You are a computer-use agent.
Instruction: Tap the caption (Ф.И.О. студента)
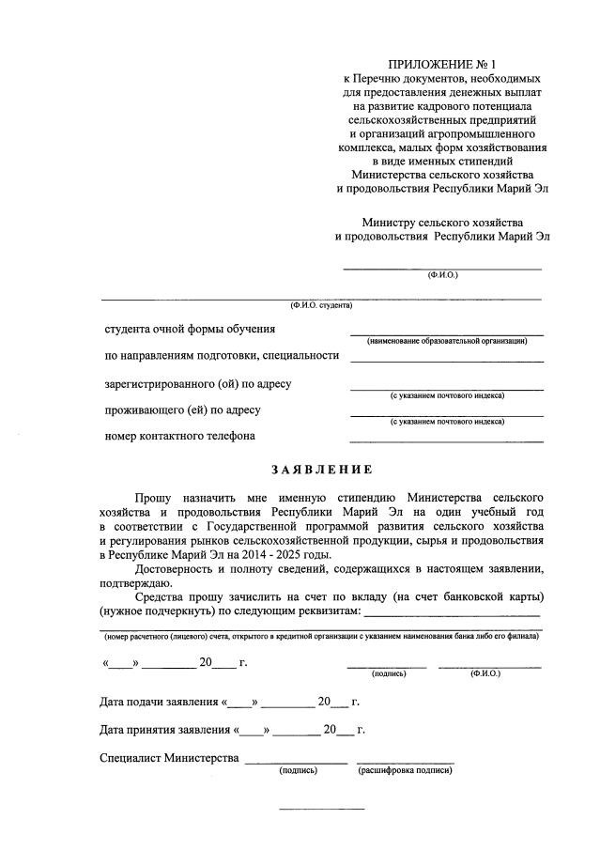321,305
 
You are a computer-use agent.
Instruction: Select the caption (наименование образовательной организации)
447,341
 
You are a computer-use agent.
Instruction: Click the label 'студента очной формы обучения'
190,329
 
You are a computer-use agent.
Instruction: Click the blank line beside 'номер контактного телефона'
446,440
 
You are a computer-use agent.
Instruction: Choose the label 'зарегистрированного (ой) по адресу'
198,383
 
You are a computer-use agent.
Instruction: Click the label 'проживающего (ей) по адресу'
182,410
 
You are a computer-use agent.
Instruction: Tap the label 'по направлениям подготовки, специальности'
221,356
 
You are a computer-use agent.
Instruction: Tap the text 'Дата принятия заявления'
164,730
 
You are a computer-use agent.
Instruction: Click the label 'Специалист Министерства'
168,758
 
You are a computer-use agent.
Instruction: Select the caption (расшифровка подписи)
405,771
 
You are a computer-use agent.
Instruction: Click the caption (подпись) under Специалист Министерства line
297,771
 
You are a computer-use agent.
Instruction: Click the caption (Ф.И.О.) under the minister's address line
442,275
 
